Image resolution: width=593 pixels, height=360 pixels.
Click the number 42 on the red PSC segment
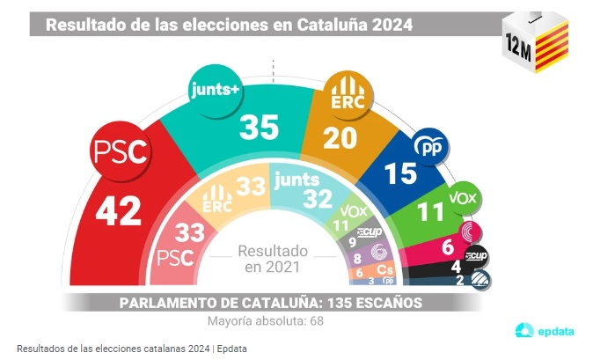118,212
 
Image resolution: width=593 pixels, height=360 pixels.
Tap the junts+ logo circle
215,88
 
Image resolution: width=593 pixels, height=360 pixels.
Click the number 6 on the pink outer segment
447,248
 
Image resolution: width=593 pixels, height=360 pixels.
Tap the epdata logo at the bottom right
545,331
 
